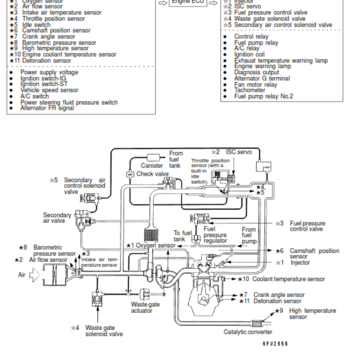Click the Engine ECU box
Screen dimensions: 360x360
coord(188,3)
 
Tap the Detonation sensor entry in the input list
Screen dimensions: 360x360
coord(46,60)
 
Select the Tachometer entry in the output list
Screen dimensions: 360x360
coord(250,90)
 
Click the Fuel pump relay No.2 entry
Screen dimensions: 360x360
coord(263,96)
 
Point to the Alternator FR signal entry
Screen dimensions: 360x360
coord(47,108)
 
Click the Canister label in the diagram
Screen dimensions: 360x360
coord(152,166)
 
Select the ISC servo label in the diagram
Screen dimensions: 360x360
coord(238,152)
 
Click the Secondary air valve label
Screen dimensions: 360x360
coord(57,218)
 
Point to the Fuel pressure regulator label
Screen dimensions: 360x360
coord(215,235)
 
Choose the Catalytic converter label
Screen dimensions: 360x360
coord(248,332)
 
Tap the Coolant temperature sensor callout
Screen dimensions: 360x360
coord(288,279)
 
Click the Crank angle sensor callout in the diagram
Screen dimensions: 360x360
coord(279,295)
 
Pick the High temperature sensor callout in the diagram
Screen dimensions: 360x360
coord(312,314)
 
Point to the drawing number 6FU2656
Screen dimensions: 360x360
coord(275,344)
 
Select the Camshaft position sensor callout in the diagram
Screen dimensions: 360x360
coord(314,253)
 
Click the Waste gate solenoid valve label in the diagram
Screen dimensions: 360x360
coord(104,331)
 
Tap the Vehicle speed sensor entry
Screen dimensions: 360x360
coord(49,90)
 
